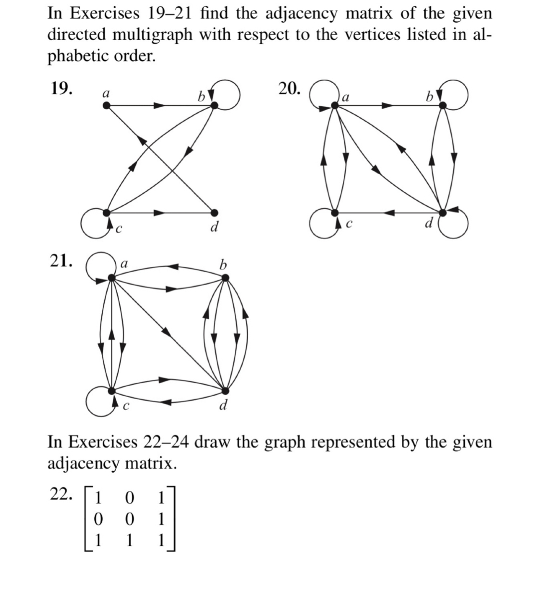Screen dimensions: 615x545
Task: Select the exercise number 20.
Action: tap(290, 89)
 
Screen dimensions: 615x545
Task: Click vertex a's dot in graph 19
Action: tap(107, 106)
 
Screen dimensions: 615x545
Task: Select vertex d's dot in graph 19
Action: tap(214, 212)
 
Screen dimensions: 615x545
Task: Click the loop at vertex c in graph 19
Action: tap(92, 223)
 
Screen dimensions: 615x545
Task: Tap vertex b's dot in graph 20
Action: tap(443, 105)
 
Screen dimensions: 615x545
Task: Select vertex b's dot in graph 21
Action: tap(225, 277)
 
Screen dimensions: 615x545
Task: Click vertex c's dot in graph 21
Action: tap(111, 390)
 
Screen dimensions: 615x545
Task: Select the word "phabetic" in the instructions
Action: tap(78, 56)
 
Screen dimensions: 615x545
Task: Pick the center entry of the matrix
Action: tap(129, 519)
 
